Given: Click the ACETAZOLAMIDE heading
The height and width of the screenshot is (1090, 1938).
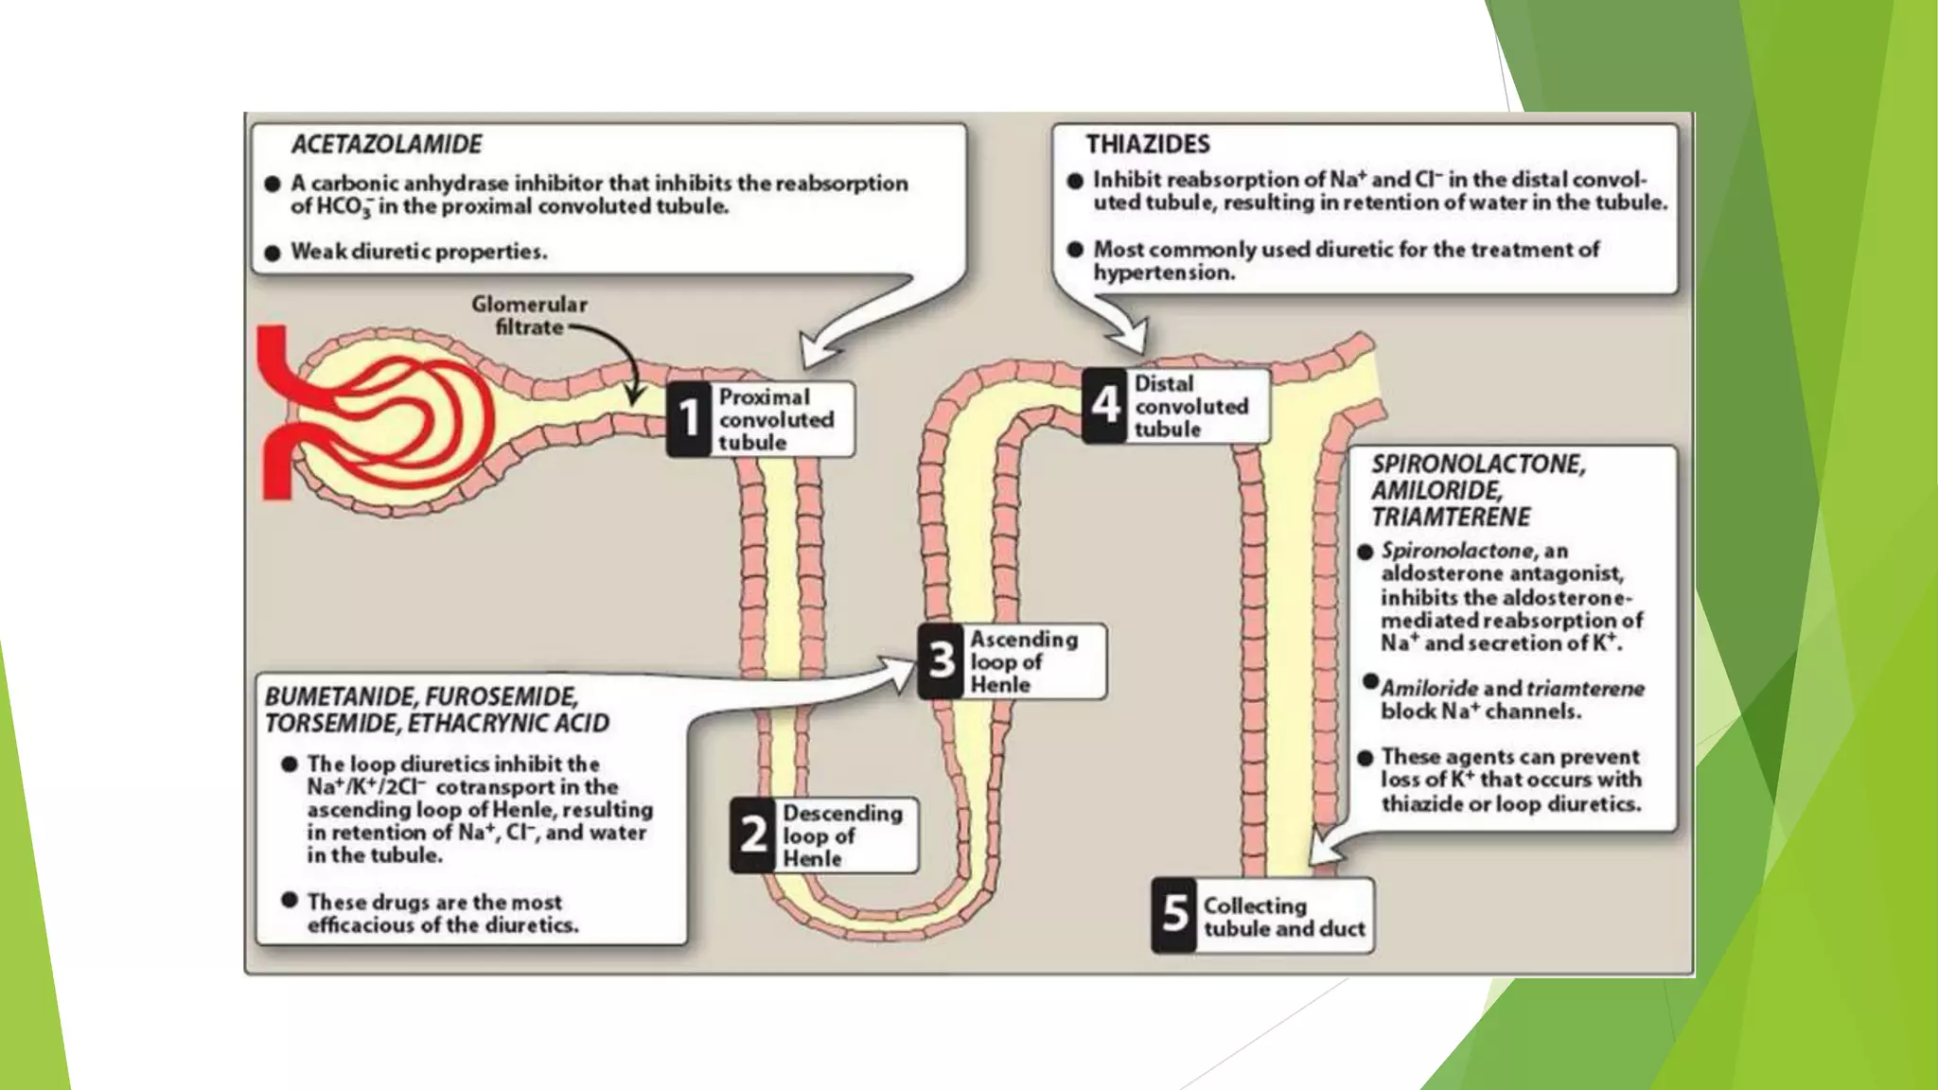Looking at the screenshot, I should coord(386,144).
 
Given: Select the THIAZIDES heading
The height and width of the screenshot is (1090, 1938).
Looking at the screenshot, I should coord(1147,144).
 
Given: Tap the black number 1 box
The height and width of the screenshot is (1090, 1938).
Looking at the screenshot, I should coord(690,419).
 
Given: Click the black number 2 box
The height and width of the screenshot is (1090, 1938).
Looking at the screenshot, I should coord(753,835).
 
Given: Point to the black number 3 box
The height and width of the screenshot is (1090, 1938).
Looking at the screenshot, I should coord(941,660).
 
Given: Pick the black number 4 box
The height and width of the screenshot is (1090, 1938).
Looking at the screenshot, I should coord(1105,406).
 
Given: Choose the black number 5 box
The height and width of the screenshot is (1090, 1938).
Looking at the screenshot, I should coord(1174,915).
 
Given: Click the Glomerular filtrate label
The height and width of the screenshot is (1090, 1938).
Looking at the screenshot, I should coord(530,316).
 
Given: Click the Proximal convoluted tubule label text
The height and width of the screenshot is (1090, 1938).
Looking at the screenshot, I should coord(776,419).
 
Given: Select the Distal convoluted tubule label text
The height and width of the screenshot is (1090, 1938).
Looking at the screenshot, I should coord(1190,406).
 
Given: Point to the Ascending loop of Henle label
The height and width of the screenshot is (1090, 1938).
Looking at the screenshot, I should coord(1024,661).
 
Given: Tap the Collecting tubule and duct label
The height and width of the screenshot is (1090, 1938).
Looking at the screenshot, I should coord(1283,917).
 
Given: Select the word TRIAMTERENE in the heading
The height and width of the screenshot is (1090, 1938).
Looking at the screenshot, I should coord(1451,517).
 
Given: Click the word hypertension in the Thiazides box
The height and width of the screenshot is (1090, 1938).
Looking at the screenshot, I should coord(1164,272).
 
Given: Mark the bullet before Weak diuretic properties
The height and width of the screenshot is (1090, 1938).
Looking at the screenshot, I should coord(273,253).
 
